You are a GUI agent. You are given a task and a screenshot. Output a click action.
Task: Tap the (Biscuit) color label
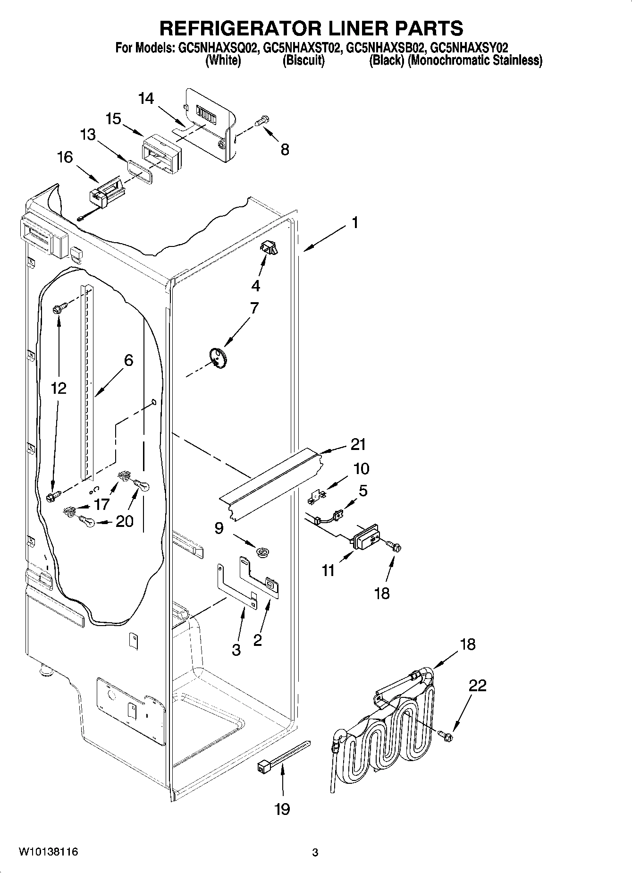click(303, 60)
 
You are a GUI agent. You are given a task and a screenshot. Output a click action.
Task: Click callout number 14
click(146, 99)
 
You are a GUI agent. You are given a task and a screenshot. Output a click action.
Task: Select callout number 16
click(65, 157)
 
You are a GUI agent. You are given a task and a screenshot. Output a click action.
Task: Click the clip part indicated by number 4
click(268, 247)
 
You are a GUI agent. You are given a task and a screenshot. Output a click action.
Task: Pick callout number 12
click(59, 388)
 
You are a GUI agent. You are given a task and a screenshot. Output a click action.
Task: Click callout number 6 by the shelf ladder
click(128, 360)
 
